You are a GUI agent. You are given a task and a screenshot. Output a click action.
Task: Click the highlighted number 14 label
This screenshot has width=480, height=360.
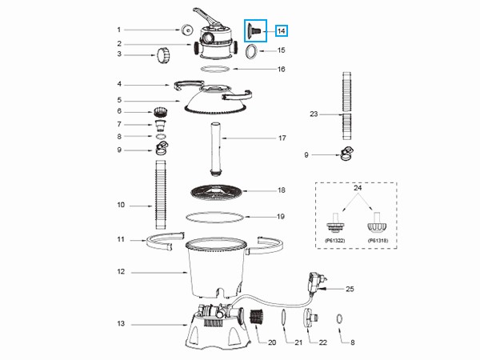click(282, 31)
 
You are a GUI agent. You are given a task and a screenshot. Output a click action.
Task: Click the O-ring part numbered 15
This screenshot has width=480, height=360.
click(251, 51)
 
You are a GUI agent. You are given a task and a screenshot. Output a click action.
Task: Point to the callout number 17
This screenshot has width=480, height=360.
click(282, 138)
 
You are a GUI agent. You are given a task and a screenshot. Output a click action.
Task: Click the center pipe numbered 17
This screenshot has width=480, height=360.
click(216, 149)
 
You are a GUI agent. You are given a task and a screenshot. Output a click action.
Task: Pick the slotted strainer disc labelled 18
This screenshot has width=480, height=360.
click(216, 193)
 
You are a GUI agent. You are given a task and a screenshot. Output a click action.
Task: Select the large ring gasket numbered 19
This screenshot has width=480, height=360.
click(215, 217)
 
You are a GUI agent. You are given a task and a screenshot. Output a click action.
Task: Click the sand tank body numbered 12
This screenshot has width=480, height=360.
click(216, 267)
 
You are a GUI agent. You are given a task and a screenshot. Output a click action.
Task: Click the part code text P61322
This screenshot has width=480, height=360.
click(335, 241)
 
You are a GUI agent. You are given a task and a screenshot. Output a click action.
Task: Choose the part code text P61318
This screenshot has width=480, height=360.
click(378, 241)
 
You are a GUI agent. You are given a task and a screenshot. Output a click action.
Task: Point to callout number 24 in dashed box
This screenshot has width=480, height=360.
click(358, 188)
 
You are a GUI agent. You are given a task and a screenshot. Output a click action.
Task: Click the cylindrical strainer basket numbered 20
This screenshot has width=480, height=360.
click(257, 318)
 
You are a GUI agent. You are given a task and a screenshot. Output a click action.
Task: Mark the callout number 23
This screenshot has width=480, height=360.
click(314, 114)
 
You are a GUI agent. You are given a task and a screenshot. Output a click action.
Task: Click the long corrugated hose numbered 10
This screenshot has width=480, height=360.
click(161, 194)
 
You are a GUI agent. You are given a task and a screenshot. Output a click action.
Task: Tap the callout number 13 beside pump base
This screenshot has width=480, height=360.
click(121, 323)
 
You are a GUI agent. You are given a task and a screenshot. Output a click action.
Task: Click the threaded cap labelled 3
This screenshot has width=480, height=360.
click(162, 55)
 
